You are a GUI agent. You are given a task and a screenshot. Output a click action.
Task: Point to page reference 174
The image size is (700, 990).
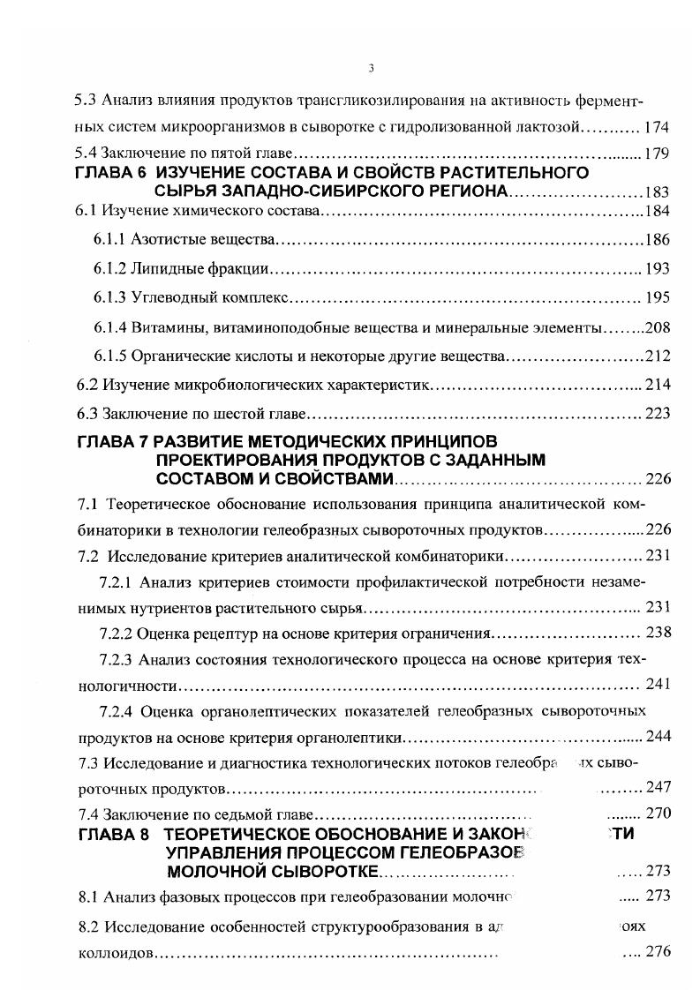(x=658, y=128)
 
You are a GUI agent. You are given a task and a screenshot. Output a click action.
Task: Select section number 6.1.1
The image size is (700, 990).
(x=109, y=240)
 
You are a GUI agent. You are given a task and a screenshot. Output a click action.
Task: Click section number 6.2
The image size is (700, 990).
(x=87, y=385)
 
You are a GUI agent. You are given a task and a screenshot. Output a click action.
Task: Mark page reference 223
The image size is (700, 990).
(x=658, y=413)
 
